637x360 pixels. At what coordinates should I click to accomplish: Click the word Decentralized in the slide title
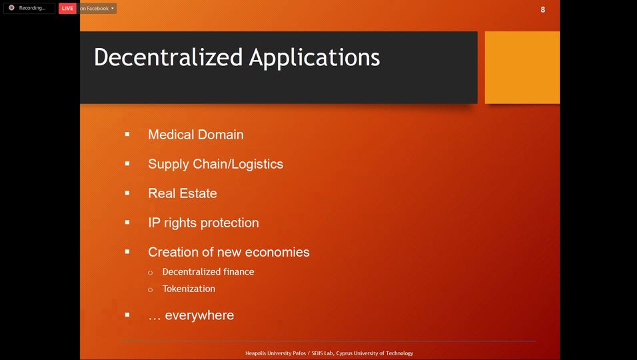coord(168,57)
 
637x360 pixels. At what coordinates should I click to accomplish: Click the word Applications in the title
coord(315,58)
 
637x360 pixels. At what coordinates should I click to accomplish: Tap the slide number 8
coord(543,9)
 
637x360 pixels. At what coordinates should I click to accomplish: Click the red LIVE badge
coord(67,8)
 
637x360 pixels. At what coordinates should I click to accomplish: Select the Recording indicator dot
coord(12,8)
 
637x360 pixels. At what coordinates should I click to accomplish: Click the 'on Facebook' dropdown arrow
coord(113,8)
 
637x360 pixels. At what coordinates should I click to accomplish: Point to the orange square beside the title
coord(522,67)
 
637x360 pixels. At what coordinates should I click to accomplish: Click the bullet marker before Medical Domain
coord(127,134)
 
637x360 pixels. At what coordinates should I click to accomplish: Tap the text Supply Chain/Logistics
coord(216,164)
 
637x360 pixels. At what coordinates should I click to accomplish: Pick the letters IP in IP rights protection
coord(154,223)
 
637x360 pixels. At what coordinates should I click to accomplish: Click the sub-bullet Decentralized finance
coord(209,271)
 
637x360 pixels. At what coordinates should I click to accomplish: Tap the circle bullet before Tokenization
coord(151,290)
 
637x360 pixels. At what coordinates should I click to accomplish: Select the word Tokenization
coord(189,289)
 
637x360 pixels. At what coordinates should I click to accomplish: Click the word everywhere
coord(199,315)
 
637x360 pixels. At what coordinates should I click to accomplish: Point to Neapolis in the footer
coord(255,353)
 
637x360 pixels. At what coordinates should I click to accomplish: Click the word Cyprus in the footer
coord(344,353)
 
